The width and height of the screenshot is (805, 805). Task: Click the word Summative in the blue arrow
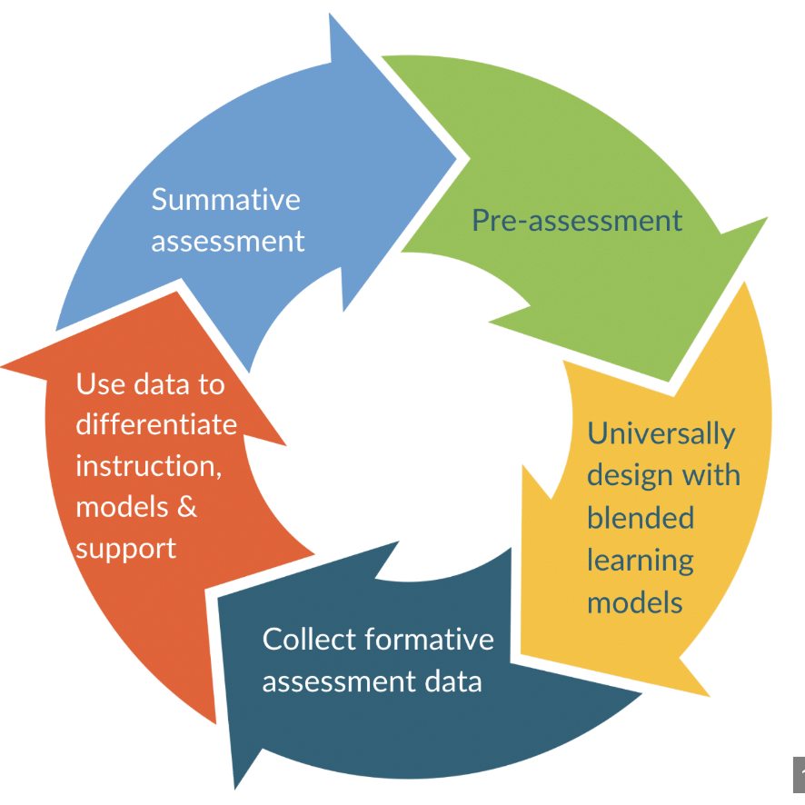(225, 199)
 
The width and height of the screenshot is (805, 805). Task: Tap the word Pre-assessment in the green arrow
(577, 220)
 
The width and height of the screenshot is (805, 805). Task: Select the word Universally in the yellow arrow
(661, 433)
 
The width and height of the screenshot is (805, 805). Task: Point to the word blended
(641, 518)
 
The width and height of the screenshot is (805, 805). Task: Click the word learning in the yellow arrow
(640, 561)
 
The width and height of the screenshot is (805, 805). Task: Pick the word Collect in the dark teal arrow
(306, 639)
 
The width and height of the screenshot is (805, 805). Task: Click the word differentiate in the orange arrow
(156, 424)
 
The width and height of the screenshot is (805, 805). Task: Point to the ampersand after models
(186, 507)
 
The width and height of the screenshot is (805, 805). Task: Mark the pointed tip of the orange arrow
(4, 365)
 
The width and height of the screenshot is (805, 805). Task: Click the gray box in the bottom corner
(799, 773)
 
